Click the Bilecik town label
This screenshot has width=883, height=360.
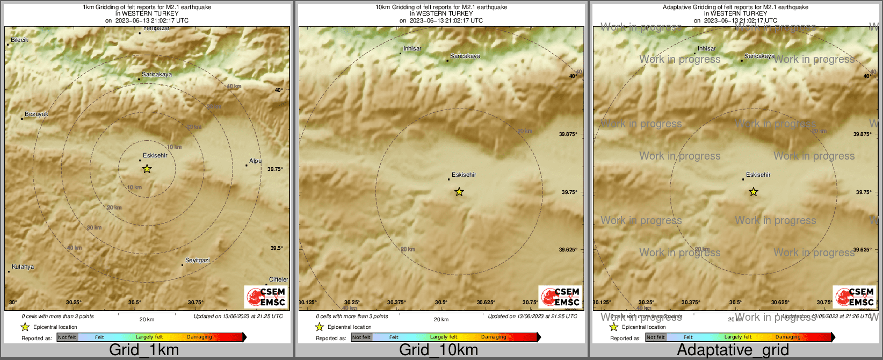[x=19, y=40]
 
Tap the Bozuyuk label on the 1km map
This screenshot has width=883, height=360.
[x=37, y=114]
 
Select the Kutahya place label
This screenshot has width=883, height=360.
[x=23, y=267]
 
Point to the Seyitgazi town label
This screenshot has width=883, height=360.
[x=198, y=261]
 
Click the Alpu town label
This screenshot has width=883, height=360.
[x=255, y=161]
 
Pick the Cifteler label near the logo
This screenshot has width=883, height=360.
[x=278, y=280]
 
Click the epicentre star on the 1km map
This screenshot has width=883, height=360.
[x=147, y=169]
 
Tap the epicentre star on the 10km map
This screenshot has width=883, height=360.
[x=459, y=192]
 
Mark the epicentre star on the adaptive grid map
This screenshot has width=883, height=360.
[x=753, y=192]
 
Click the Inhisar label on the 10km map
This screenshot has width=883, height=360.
[x=412, y=49]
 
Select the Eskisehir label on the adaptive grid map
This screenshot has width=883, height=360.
[x=758, y=175]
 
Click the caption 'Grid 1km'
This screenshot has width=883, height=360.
[x=144, y=350]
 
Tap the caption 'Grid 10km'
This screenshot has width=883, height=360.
[x=438, y=350]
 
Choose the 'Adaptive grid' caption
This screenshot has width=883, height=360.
[x=733, y=350]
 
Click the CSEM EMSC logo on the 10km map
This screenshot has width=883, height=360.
[x=560, y=297]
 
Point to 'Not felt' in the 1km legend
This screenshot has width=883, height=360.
[x=67, y=337]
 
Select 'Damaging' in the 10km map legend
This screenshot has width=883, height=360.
[x=494, y=337]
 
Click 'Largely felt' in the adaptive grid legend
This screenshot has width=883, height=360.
[x=738, y=337]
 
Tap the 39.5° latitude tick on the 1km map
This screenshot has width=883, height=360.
[x=277, y=248]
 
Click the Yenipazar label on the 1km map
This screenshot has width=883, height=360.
[x=157, y=28]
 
